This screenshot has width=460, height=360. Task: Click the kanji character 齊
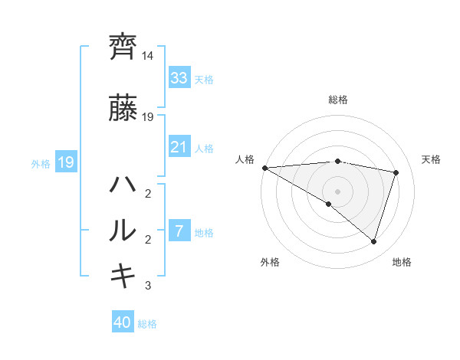[x=123, y=47]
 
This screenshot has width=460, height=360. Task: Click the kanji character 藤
[x=123, y=109]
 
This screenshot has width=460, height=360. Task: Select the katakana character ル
[x=123, y=230]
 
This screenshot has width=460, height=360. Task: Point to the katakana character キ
[x=123, y=274]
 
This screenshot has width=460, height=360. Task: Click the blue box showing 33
[x=179, y=77]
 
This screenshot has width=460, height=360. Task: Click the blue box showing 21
[x=179, y=147]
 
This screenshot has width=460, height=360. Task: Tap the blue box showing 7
[x=179, y=231]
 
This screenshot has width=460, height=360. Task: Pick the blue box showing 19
[x=65, y=162]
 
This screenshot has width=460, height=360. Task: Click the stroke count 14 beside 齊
[x=148, y=56]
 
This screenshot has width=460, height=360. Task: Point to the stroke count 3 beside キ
[x=149, y=286]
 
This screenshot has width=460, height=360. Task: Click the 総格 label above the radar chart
[x=338, y=100]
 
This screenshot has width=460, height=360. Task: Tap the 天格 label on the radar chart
[x=431, y=159]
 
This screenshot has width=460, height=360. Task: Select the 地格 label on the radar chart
[x=402, y=262]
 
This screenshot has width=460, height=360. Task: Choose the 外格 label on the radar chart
[x=270, y=262]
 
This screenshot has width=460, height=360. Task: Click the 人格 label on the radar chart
[x=245, y=159]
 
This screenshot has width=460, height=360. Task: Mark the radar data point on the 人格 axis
[x=264, y=167]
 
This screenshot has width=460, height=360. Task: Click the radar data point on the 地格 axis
[x=373, y=242]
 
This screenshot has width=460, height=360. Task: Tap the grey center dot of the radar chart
[x=337, y=190]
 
